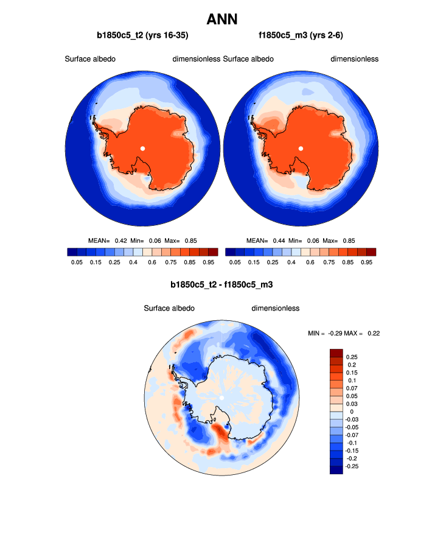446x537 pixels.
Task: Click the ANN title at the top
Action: tap(223, 19)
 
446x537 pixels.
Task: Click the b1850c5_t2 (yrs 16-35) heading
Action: tap(142, 36)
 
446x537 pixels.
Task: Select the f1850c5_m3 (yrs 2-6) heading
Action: tap(301, 36)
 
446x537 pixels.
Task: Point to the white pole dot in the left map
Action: tap(142, 148)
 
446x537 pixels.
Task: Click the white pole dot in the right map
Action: tap(301, 148)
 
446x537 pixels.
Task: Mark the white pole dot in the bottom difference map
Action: tap(221, 398)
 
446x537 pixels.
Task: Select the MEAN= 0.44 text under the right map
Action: tap(267, 241)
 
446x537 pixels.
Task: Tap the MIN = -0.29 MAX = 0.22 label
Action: tap(344, 333)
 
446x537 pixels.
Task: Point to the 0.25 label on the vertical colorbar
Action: tap(352, 356)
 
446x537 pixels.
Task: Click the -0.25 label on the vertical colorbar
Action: tap(353, 466)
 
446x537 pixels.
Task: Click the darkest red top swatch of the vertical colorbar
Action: tap(336, 353)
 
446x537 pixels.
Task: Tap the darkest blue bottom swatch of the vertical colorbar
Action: tap(336, 469)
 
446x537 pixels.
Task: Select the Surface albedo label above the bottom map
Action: tap(169, 308)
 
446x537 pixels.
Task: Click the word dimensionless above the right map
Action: tap(355, 59)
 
